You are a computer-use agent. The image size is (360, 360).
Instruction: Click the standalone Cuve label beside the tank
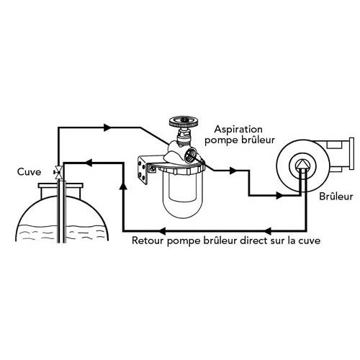click(29, 172)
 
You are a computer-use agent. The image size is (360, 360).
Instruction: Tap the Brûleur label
click(336, 197)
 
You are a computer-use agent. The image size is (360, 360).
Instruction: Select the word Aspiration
click(238, 130)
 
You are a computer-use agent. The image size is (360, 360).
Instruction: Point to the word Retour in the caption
click(148, 240)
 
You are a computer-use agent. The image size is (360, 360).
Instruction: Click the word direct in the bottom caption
click(254, 240)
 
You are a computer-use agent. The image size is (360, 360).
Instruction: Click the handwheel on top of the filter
click(184, 122)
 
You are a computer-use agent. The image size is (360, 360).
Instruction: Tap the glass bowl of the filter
click(183, 194)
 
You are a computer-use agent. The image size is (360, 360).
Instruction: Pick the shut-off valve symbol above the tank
click(58, 172)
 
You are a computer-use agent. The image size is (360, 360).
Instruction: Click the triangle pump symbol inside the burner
click(302, 164)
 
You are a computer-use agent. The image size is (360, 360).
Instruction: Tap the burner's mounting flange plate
click(351, 153)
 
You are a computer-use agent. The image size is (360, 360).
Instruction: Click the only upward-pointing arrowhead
click(123, 185)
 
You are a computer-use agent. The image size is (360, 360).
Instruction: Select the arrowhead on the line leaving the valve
click(107, 127)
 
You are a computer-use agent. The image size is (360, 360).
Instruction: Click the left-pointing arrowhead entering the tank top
click(89, 163)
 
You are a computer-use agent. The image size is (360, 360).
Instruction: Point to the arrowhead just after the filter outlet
click(233, 171)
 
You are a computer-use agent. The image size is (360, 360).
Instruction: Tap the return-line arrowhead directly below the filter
click(162, 231)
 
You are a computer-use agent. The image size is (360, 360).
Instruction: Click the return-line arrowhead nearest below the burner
click(268, 231)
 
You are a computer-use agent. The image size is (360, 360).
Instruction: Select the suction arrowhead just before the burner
click(280, 196)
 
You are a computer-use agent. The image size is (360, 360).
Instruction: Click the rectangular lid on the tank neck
click(60, 186)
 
